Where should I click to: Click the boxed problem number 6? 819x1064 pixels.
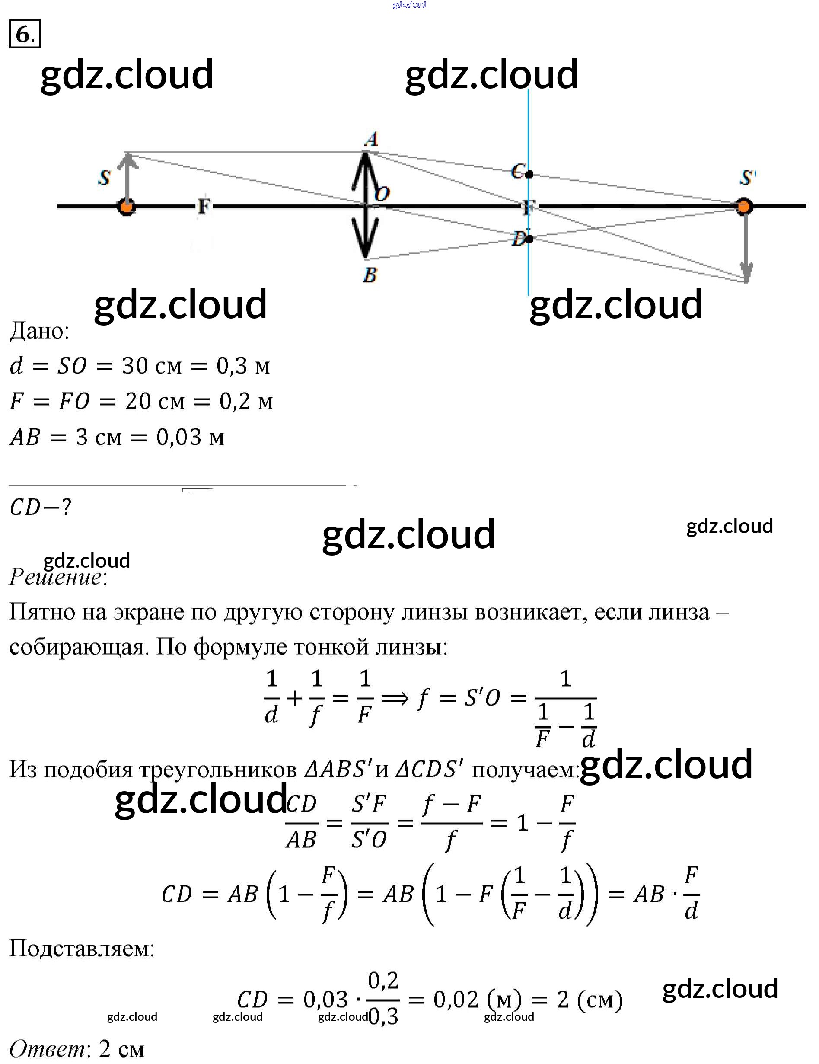pos(25,34)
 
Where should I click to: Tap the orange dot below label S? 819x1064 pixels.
pos(127,207)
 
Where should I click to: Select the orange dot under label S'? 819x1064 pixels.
pos(743,207)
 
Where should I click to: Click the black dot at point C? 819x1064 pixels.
pos(529,174)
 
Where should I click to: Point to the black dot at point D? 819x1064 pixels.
pos(529,239)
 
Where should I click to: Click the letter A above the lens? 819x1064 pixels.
pos(372,139)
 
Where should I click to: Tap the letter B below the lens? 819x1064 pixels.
pos(370,275)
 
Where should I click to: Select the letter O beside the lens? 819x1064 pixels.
pos(382,194)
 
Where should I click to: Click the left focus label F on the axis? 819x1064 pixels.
pos(204,207)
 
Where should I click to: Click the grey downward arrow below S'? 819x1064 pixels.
pos(746,253)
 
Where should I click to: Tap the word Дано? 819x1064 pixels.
pos(39,331)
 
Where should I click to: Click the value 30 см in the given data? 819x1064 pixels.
pos(151,366)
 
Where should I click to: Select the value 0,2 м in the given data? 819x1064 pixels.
pos(246,402)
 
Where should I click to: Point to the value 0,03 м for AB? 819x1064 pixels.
pos(190,437)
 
